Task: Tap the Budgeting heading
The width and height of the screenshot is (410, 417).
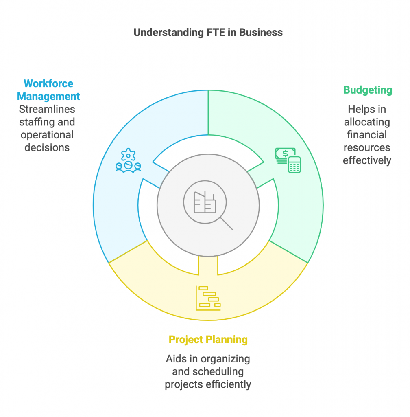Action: point(368,90)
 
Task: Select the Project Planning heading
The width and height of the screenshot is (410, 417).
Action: point(208,339)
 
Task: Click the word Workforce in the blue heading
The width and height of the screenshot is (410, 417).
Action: point(48,83)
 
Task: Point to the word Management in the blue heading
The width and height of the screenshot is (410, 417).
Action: point(48,97)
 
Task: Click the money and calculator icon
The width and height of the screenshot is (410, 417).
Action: point(288,160)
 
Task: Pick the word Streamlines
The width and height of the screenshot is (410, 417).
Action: point(47,110)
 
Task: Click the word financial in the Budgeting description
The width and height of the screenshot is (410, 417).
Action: point(367,135)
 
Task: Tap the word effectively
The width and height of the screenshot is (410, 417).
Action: point(367,160)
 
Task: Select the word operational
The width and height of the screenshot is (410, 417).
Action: point(47,135)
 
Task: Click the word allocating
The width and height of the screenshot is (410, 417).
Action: point(367,122)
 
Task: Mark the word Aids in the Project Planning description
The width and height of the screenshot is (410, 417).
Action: point(175,359)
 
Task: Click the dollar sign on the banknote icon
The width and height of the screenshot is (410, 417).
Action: point(284,154)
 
